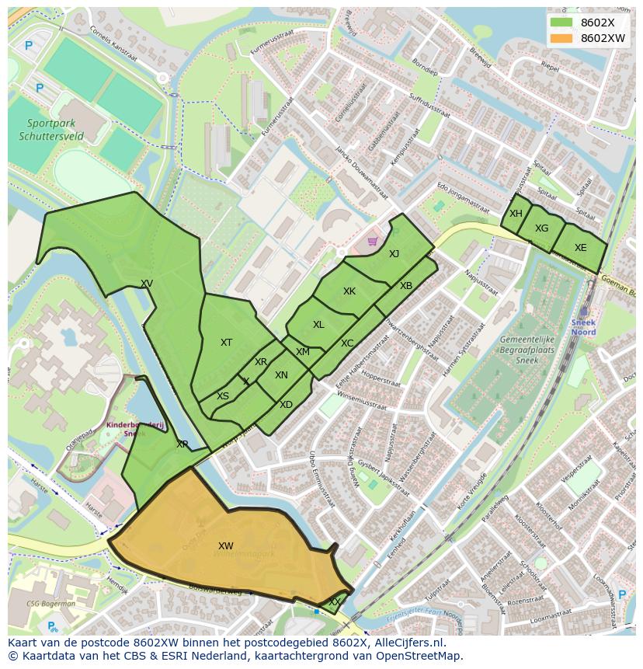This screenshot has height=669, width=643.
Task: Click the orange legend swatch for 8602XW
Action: point(561,38)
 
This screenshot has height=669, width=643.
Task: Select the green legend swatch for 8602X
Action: point(561,23)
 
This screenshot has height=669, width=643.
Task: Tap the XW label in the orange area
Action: point(226,546)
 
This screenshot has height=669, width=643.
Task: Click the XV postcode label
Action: point(147,284)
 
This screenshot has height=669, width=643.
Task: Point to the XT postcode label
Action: point(226,343)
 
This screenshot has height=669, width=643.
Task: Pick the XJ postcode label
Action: point(394,254)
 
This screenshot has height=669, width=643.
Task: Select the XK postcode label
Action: point(349,291)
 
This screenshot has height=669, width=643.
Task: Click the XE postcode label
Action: point(580,248)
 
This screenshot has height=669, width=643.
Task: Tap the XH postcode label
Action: point(516,214)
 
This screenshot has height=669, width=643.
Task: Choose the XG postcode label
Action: point(541,228)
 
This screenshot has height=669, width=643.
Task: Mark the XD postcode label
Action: point(286,405)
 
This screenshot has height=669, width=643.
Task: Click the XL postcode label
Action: point(318,325)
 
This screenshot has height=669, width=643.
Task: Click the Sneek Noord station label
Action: point(582,327)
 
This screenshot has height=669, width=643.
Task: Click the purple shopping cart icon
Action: point(372,241)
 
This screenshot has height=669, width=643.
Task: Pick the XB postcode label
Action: point(406,286)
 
